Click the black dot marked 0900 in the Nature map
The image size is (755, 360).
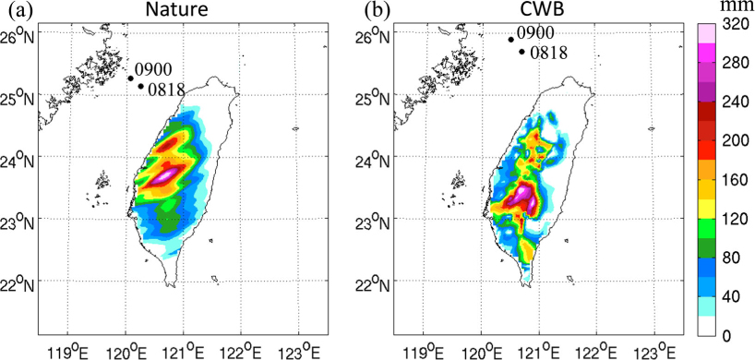coord(130,78)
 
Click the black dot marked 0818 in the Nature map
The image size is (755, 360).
coord(140,86)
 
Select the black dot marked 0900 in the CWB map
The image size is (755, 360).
coord(511,40)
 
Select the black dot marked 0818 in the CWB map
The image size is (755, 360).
coord(521,51)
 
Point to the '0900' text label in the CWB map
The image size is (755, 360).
coord(535,32)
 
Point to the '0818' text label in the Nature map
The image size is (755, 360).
coord(167,90)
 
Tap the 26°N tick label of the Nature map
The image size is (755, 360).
coord(18,36)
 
